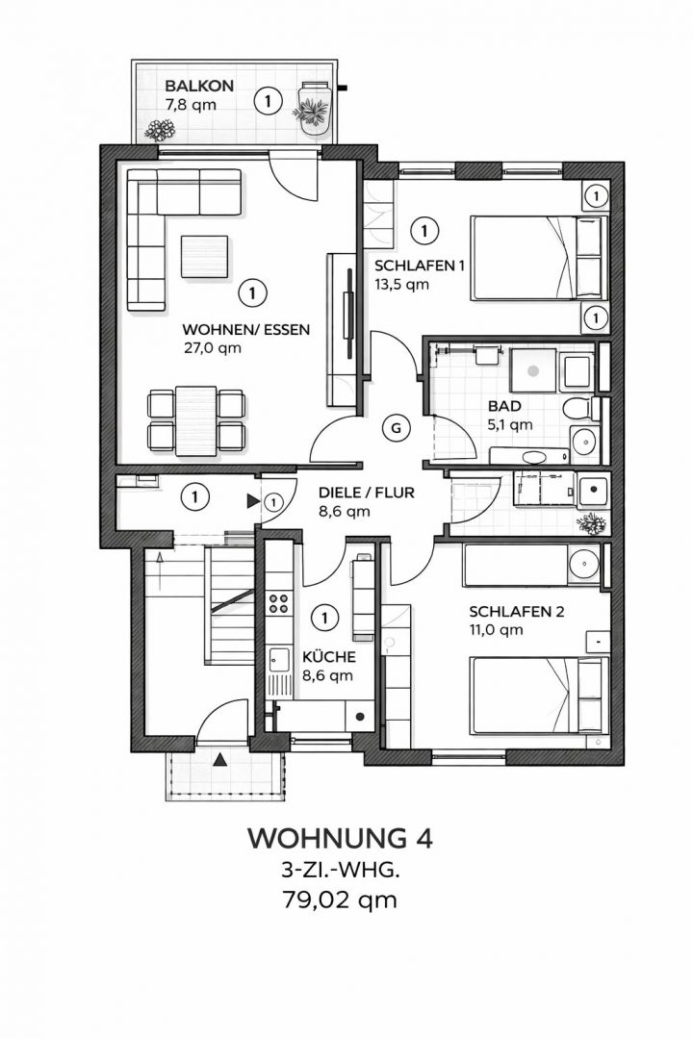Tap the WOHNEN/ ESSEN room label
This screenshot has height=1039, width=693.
[245, 329]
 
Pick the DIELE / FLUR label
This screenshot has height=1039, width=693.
[366, 494]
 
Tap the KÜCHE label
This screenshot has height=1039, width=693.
[328, 657]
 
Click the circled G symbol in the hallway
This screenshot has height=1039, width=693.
[395, 427]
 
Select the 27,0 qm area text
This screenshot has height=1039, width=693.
[212, 348]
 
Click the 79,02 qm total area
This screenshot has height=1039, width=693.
[339, 900]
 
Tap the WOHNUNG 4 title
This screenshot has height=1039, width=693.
[340, 837]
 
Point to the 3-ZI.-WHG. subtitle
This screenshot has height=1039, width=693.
[339, 871]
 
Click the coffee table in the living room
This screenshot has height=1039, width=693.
[204, 256]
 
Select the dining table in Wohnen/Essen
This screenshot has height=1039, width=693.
[195, 419]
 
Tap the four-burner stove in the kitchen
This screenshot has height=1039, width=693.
[279, 604]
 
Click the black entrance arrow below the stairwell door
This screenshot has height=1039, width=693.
[220, 760]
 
